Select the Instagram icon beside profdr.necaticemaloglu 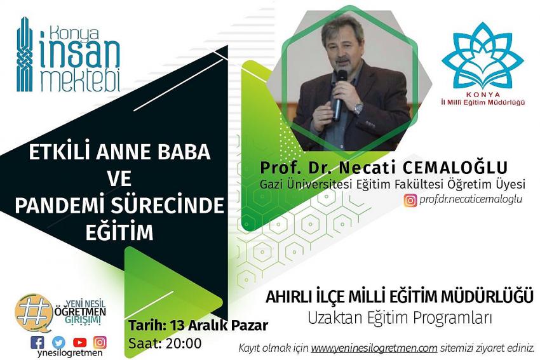pos(412,200)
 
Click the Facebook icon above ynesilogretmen pos(39,340)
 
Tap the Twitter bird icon pos(59,340)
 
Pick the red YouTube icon pos(79,340)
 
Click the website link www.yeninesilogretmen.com pos(365,347)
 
